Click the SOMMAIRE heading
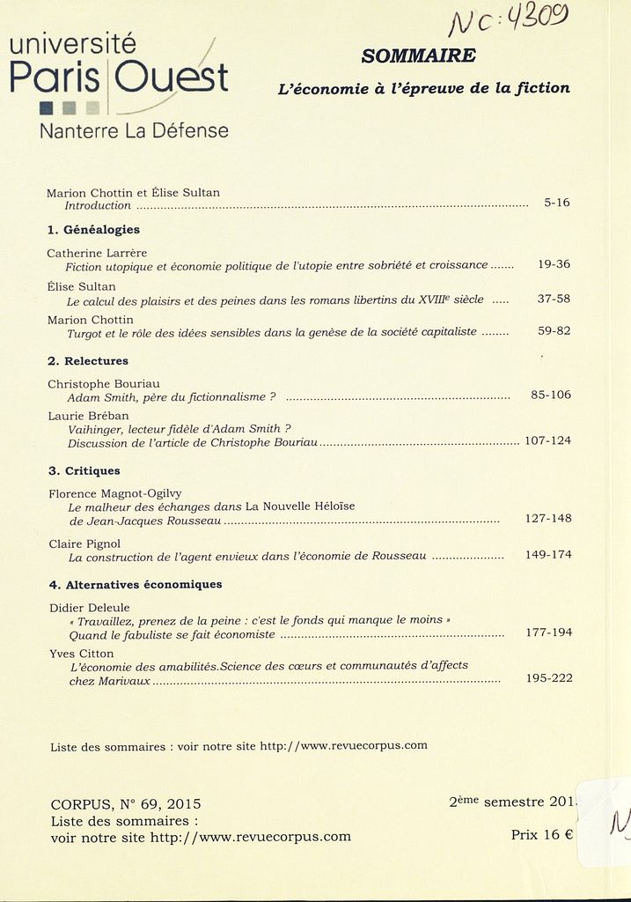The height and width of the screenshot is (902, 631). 419,56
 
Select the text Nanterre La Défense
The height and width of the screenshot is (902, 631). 134,131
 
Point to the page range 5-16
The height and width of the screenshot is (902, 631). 556,203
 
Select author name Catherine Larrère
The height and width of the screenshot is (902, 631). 96,253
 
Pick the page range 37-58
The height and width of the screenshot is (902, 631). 554,299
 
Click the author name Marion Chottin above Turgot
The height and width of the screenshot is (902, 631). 90,320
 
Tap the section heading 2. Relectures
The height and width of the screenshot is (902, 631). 88,361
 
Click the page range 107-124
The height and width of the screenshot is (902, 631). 547,440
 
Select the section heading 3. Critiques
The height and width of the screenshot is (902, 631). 84,470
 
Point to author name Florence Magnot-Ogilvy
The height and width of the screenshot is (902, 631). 114,493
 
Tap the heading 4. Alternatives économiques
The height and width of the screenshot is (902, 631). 135,584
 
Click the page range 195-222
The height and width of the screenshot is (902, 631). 548,679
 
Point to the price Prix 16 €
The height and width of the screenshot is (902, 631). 541,834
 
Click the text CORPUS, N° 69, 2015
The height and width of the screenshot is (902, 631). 126,803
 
